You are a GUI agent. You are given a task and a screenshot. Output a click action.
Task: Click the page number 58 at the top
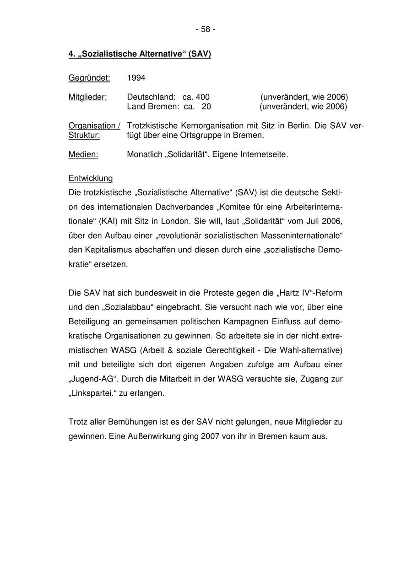(x=206, y=29)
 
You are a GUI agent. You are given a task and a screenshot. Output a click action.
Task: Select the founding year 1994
(x=136, y=78)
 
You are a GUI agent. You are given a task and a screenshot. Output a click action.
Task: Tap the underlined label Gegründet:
(x=89, y=78)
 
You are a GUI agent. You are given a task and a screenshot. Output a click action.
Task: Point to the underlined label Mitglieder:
(x=87, y=97)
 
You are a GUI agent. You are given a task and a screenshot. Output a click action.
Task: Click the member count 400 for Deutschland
(x=203, y=97)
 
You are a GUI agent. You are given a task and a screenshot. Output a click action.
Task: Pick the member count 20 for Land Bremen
(x=206, y=107)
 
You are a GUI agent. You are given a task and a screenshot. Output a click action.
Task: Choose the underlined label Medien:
(x=83, y=154)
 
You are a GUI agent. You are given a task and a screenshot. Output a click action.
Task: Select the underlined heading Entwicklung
(x=91, y=178)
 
